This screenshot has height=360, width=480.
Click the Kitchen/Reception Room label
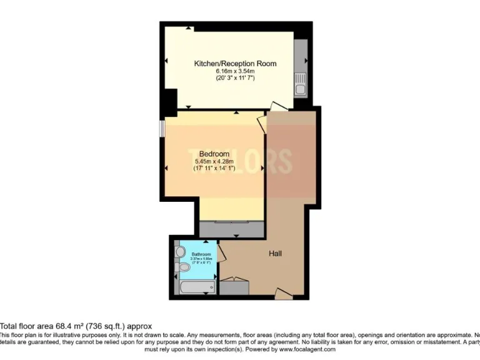(235, 64)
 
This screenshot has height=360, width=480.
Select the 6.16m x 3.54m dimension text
(235, 72)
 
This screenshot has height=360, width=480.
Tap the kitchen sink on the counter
(301, 88)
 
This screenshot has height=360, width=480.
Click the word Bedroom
(214, 154)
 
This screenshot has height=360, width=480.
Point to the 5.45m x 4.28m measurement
(214, 161)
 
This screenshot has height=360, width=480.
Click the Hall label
(275, 254)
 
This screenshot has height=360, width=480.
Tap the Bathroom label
(201, 254)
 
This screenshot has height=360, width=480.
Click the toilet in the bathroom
(183, 267)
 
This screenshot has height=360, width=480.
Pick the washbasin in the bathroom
(180, 251)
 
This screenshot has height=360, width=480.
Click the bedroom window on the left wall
(162, 127)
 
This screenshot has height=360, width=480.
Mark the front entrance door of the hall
(283, 292)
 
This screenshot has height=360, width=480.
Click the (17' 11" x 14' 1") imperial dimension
(214, 168)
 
